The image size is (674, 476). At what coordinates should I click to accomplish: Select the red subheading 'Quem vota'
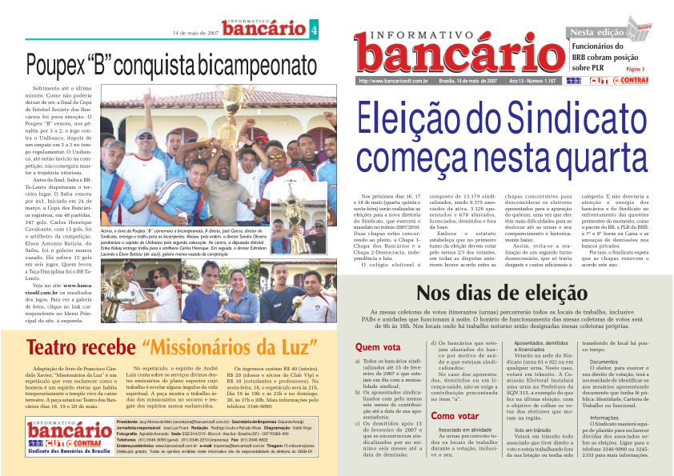coord(378,348)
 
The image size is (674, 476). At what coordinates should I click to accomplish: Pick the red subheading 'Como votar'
coord(455,416)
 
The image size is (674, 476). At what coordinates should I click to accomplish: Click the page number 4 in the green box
coord(314,31)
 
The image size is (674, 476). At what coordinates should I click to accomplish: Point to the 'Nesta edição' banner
coord(596,32)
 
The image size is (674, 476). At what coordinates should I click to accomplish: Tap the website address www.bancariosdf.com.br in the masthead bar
coord(394,81)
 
